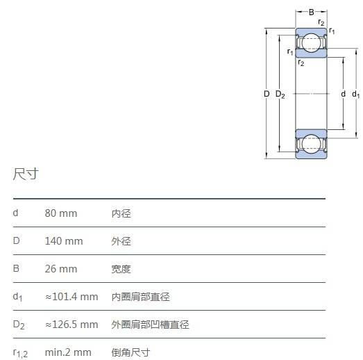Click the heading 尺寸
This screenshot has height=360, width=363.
tap(26, 174)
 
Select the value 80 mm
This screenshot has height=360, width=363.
tap(61, 213)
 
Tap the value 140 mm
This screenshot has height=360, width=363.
tap(64, 241)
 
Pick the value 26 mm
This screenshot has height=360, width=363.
tap(61, 269)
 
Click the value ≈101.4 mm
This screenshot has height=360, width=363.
tap(71, 297)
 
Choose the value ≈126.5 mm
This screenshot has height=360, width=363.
tap(71, 325)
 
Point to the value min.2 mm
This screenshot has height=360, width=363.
tap(68, 352)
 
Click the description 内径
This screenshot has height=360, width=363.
tap(121, 213)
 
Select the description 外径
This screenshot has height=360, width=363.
tap(121, 241)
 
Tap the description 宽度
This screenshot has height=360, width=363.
tap(121, 269)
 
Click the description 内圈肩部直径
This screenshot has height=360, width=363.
tap(140, 297)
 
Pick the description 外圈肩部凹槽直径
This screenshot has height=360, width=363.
tap(150, 325)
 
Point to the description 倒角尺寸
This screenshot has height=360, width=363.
tap(130, 352)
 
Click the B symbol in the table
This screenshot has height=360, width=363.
tap(16, 268)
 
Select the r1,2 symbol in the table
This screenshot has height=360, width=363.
tap(20, 354)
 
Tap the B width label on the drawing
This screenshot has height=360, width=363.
tap(312, 12)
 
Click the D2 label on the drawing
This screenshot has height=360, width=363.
tap(280, 95)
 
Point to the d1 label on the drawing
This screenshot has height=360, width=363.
tap(356, 95)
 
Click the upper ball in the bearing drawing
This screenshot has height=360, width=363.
tap(312, 42)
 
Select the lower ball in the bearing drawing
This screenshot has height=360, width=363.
tap(312, 144)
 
